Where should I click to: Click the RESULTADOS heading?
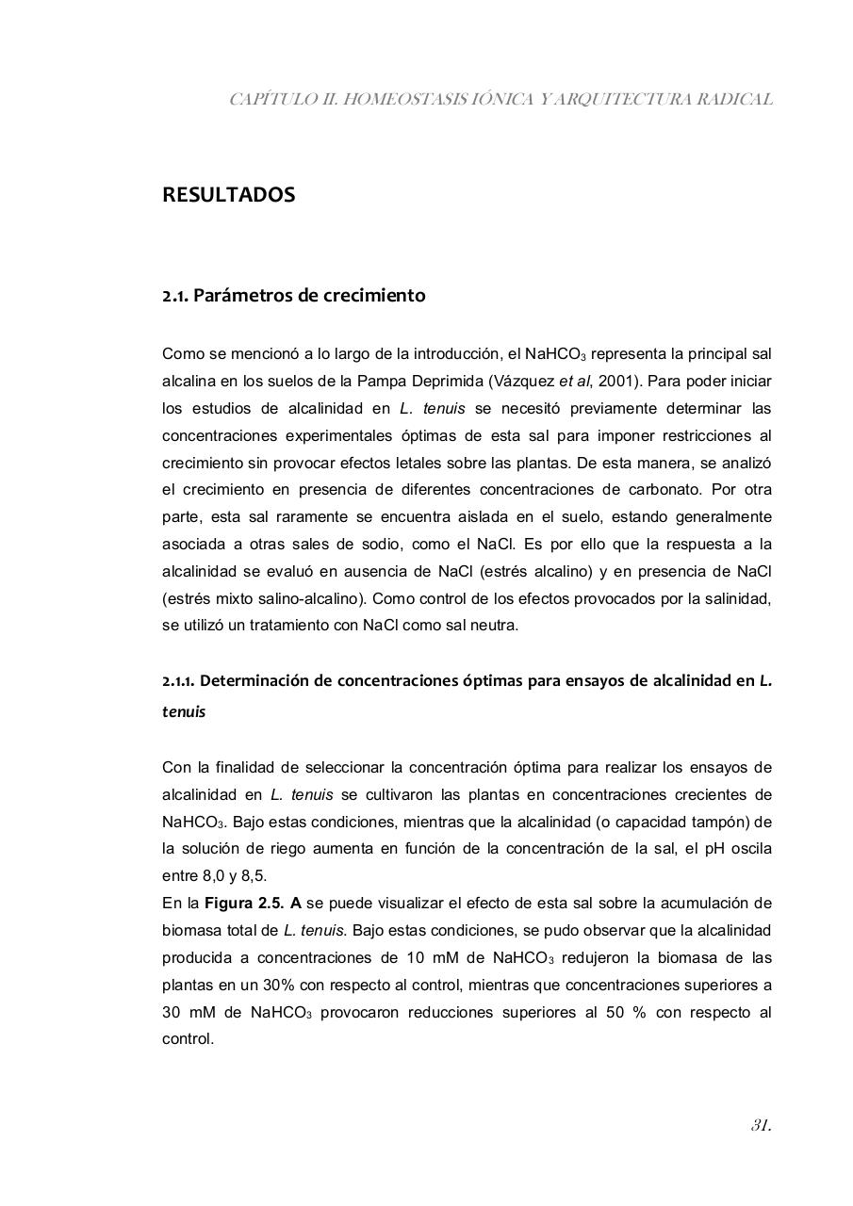(228, 195)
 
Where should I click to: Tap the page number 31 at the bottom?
(761, 1125)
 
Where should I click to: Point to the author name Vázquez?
(529, 382)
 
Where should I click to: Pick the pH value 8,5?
(254, 876)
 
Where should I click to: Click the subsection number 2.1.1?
(179, 680)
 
